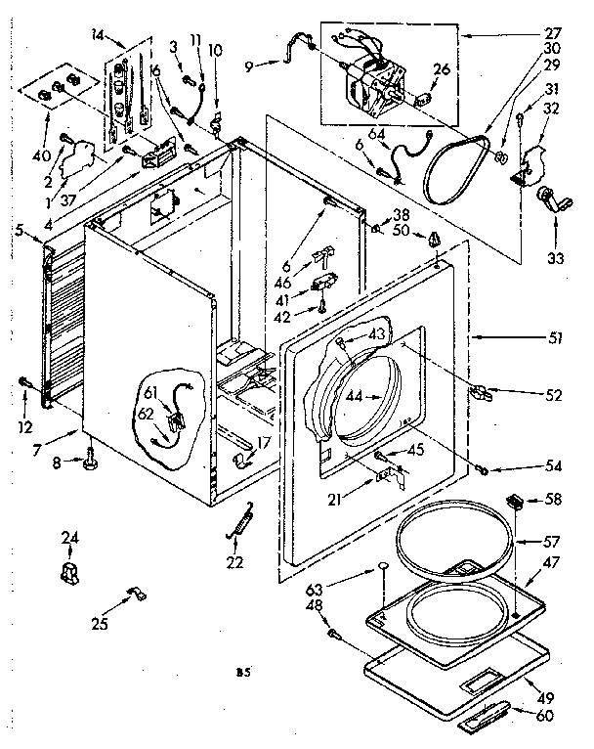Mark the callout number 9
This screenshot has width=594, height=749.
[249, 66]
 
